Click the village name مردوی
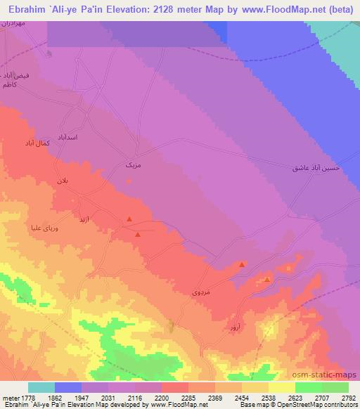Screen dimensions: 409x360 click(x=201, y=291)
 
